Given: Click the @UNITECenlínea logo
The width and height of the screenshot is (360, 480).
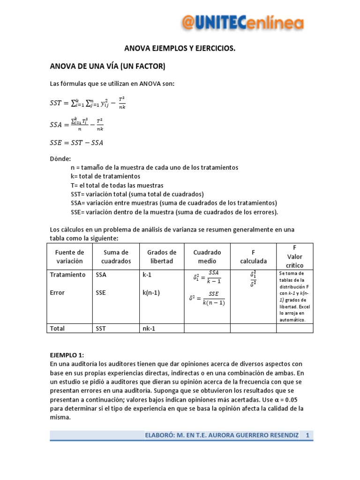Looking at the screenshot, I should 242,22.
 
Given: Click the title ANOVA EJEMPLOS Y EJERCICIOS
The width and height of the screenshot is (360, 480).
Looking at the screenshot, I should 180,48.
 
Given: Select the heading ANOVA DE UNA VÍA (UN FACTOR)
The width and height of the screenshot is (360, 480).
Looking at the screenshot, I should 108,67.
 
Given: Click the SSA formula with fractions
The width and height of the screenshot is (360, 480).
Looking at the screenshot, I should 77,124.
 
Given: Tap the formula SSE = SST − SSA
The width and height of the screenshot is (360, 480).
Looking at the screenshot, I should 76,143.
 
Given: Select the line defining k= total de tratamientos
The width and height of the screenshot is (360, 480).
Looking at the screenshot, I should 105,176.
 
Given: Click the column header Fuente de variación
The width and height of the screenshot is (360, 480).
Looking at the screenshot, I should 69,256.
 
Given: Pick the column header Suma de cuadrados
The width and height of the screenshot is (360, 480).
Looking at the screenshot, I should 116,256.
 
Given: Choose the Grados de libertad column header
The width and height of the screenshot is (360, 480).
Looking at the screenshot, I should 162,256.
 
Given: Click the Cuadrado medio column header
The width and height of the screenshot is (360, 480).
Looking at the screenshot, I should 207,256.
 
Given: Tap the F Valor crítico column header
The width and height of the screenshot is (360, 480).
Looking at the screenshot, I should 295,256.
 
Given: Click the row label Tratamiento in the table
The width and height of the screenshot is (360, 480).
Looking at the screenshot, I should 68,275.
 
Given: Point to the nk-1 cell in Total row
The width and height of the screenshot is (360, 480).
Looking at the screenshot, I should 149,328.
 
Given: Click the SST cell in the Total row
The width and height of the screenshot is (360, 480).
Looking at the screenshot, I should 101,328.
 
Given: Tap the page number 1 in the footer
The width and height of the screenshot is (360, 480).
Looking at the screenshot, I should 308,436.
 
